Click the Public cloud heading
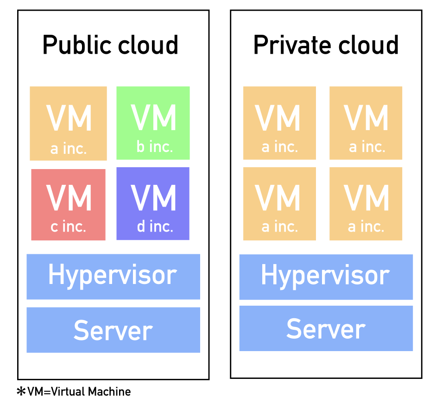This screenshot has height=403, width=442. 110,45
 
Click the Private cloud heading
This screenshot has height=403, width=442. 326,45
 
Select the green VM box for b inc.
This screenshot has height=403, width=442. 153,123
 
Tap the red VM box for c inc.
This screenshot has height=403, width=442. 68,204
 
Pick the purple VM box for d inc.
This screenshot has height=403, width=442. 153,203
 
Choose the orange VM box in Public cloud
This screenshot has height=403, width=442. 68,123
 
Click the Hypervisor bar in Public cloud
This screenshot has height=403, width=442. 113,276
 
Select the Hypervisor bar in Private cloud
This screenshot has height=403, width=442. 326,277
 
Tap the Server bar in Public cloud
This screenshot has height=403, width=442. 113,330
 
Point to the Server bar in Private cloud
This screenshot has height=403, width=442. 326,328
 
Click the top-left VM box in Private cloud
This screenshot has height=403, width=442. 279,123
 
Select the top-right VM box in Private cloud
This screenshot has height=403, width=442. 366,123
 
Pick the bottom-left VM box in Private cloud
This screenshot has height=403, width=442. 279,203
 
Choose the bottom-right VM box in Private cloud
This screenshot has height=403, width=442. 366,203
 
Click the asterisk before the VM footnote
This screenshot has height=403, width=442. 21,392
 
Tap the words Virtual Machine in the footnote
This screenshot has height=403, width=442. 91,392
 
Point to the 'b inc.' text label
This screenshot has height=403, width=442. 155,147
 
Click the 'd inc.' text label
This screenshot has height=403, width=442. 155,227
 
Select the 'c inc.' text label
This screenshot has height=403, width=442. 69,227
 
